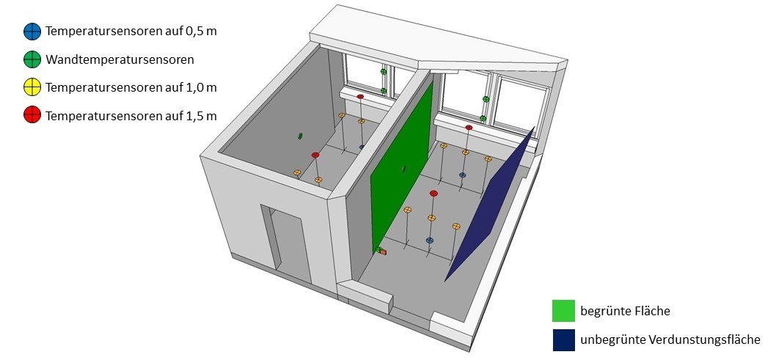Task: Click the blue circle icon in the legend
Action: tap(32, 32)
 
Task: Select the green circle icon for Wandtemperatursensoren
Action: tap(32, 59)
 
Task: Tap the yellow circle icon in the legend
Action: tap(32, 88)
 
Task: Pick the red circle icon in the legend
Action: tap(32, 116)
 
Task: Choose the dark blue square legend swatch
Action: tap(563, 339)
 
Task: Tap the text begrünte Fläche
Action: tap(625, 312)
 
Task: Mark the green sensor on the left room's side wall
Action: tap(300, 136)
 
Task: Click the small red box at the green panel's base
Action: tap(383, 251)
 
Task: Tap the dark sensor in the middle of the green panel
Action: tap(403, 169)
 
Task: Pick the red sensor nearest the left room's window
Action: tap(360, 97)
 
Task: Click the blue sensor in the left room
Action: tap(362, 147)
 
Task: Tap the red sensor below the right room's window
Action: tap(469, 128)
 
